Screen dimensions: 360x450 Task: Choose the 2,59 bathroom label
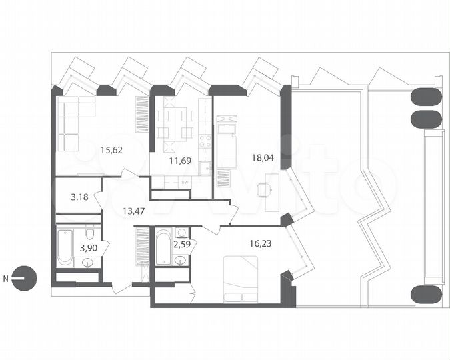pos(183,245)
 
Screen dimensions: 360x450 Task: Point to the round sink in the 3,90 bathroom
pos(89,263)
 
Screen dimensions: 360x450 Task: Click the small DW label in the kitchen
pos(185,181)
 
